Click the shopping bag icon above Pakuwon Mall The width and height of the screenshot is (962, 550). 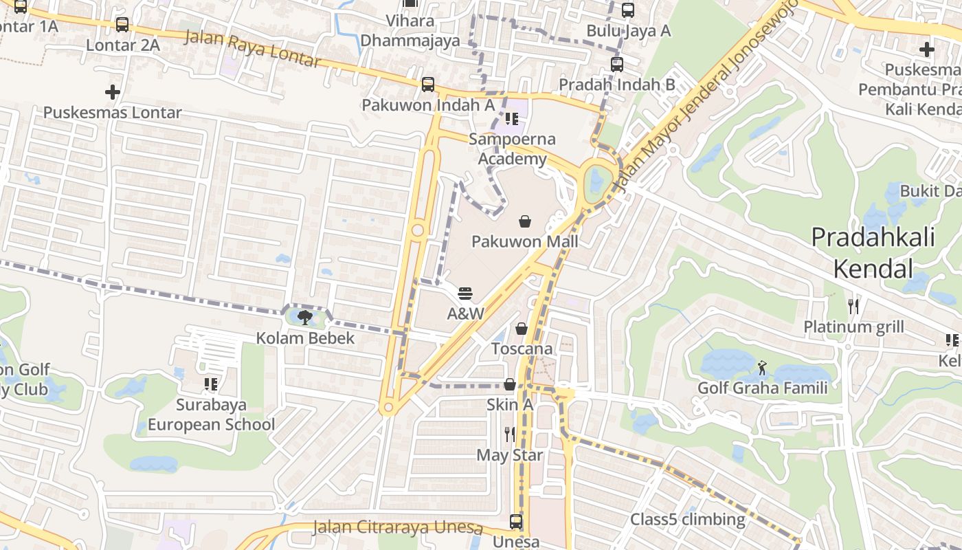point(525,221)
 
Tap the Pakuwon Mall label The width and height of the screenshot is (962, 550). point(525,241)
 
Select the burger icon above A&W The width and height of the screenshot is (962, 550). point(465,294)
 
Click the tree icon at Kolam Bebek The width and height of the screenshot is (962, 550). point(305,317)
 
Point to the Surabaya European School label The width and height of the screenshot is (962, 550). point(211,415)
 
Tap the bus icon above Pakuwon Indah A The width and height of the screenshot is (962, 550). point(428,85)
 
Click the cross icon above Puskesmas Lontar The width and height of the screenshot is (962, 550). point(113,91)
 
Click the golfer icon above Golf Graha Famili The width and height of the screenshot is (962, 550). point(762,368)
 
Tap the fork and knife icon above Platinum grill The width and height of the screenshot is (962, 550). point(853,306)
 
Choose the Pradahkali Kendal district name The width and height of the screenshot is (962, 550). point(873,252)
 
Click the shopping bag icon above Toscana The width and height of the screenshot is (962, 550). point(522,329)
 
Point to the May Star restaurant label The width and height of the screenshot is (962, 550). point(510,455)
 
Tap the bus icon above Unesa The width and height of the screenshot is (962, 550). point(516,522)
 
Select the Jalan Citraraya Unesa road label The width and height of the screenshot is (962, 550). point(398,527)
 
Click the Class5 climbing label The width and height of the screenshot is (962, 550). point(688,519)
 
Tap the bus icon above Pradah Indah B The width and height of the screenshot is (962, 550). point(617,65)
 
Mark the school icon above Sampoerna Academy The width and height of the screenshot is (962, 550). point(512,119)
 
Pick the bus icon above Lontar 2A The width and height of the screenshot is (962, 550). point(122,25)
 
